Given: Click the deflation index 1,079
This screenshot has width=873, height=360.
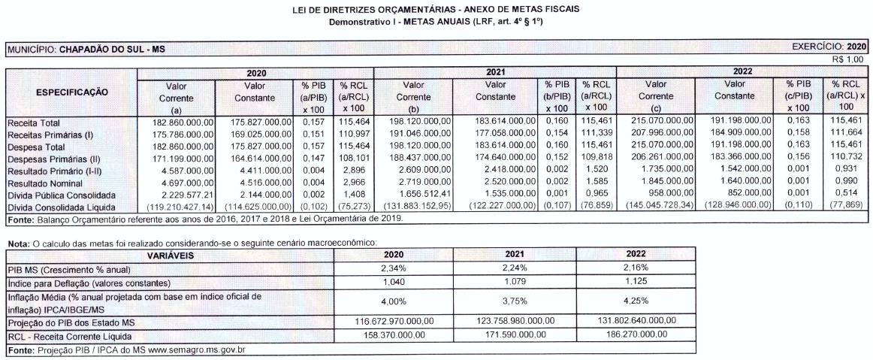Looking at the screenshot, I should (505, 281).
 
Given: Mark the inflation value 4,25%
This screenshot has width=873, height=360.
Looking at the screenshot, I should (636, 300).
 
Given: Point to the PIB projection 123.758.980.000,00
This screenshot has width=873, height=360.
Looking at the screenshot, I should (505, 320).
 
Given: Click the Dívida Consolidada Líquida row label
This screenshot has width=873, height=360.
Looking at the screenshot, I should (62, 206).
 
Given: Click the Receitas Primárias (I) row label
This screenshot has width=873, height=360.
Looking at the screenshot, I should (47, 135).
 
